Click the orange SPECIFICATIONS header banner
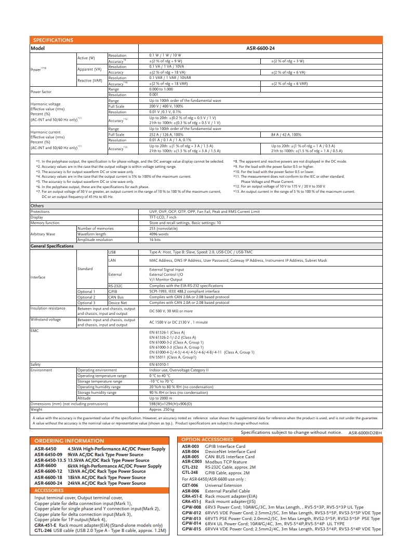(x=53, y=41)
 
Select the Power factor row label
(x=41, y=92)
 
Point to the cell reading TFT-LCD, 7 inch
(x=164, y=217)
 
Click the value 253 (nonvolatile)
(x=163, y=228)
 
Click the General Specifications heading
(x=52, y=246)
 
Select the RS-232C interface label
(x=115, y=286)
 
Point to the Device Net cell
(x=117, y=302)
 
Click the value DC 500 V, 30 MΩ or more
(x=171, y=311)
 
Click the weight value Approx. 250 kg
(x=161, y=409)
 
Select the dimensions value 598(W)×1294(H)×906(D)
(x=170, y=404)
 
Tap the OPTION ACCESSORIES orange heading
(x=206, y=440)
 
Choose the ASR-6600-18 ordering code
(x=48, y=477)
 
